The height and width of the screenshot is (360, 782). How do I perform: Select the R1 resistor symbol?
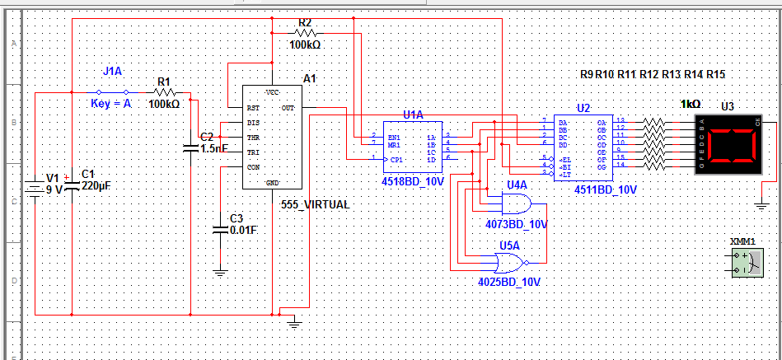164,93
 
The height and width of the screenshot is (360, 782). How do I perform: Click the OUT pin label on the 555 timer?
288,107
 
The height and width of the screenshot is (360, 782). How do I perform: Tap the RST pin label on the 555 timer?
253,108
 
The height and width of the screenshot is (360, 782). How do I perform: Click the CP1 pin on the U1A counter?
397,158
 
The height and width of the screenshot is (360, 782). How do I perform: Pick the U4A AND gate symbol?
516,204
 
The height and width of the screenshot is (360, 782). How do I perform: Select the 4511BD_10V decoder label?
606,189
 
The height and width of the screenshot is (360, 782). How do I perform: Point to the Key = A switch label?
111,104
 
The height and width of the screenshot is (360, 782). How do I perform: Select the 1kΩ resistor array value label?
691,105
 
